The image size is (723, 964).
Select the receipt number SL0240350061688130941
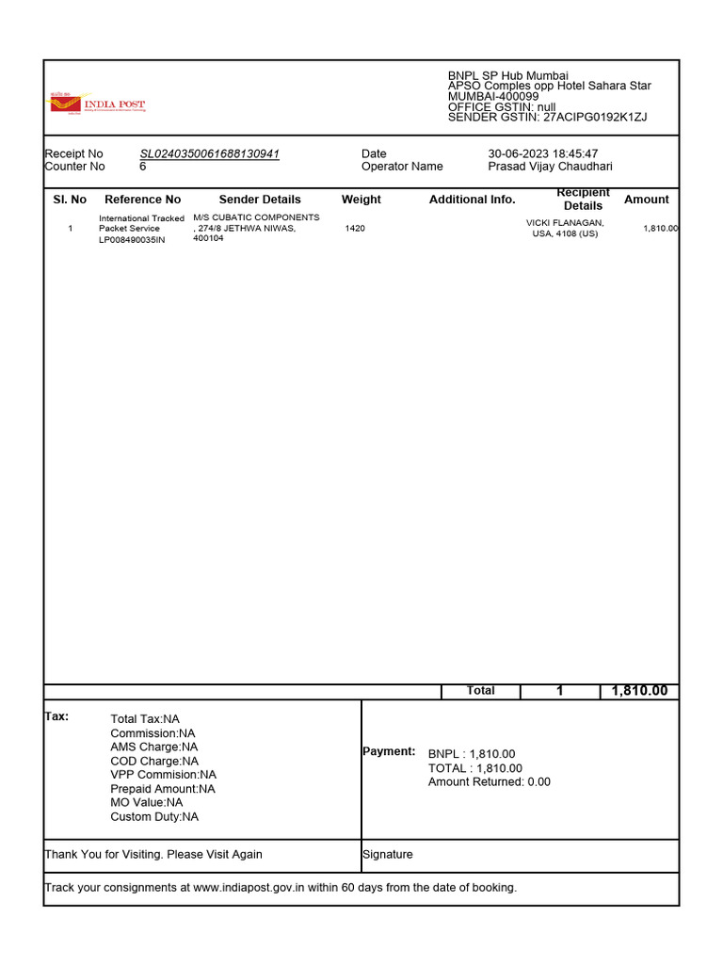[x=209, y=153]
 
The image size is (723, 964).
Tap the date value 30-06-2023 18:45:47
[x=542, y=153]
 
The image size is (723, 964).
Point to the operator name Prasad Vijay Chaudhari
[x=550, y=167]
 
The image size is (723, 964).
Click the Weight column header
[x=361, y=200]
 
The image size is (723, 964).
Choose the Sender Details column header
[x=260, y=200]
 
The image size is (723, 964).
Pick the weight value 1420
[x=355, y=229]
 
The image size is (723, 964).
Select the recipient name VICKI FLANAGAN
[x=565, y=222]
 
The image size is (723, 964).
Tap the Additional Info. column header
[x=473, y=200]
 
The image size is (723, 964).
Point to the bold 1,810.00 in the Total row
[x=639, y=691]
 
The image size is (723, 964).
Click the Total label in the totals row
[x=480, y=691]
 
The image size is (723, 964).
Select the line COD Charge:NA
[x=154, y=761]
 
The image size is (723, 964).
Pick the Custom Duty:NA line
[x=154, y=817]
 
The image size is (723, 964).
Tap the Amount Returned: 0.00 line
[x=490, y=781]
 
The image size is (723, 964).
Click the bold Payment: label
[x=389, y=751]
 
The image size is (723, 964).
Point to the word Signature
[x=388, y=855]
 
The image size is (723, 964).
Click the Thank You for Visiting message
[x=153, y=855]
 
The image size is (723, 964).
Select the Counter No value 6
[x=143, y=167]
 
